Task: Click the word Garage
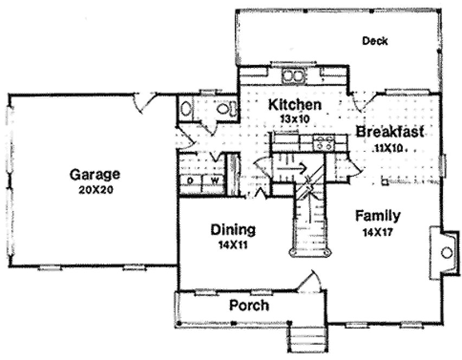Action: [x=94, y=175]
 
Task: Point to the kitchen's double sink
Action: [x=293, y=76]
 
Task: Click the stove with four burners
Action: [x=324, y=143]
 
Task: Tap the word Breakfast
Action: [x=390, y=132]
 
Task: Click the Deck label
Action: [x=375, y=41]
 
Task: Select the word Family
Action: [x=378, y=216]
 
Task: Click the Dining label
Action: [x=233, y=229]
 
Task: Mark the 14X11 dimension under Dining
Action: [x=233, y=245]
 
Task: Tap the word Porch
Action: [x=248, y=305]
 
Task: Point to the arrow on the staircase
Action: [x=290, y=168]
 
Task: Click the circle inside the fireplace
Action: [x=446, y=253]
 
